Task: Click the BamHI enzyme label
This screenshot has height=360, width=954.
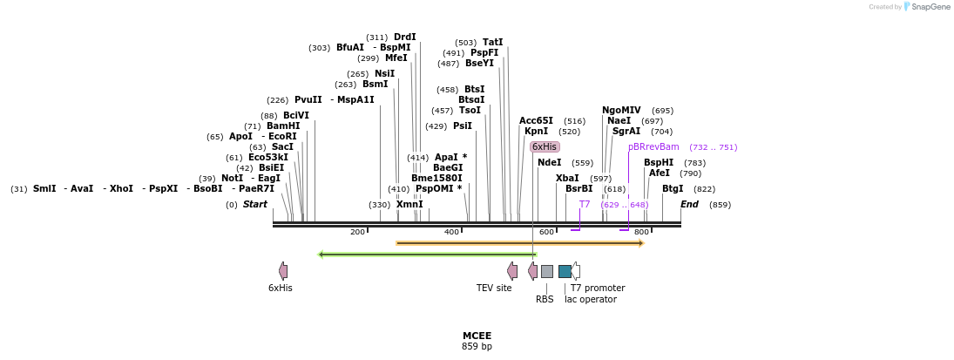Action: pyautogui.click(x=283, y=126)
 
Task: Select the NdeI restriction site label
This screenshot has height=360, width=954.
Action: pyautogui.click(x=550, y=162)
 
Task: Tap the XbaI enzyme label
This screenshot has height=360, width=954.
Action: pyautogui.click(x=567, y=178)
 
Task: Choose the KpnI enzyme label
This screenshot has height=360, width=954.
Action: pyautogui.click(x=536, y=131)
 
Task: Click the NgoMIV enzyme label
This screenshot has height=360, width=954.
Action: pyautogui.click(x=621, y=110)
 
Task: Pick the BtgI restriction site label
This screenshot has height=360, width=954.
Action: pyautogui.click(x=673, y=188)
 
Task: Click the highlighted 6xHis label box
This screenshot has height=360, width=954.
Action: pyautogui.click(x=545, y=146)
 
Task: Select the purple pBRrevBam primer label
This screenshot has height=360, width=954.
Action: pyautogui.click(x=653, y=146)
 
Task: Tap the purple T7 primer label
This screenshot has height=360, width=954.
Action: pyautogui.click(x=585, y=204)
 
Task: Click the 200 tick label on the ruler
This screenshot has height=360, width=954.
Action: pyautogui.click(x=357, y=232)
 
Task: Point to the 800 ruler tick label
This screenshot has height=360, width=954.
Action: pyautogui.click(x=641, y=232)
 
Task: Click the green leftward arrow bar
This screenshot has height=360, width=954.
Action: pyautogui.click(x=427, y=255)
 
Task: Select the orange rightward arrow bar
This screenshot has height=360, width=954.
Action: pyautogui.click(x=519, y=243)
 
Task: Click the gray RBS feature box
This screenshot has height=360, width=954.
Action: pyautogui.click(x=546, y=271)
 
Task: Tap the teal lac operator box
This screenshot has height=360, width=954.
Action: pyautogui.click(x=565, y=271)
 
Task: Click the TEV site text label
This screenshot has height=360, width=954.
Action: pyautogui.click(x=494, y=288)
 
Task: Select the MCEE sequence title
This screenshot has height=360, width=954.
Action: pyautogui.click(x=477, y=336)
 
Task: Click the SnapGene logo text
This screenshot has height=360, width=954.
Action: pyautogui.click(x=930, y=7)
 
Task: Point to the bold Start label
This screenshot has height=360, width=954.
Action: pyautogui.click(x=255, y=204)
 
